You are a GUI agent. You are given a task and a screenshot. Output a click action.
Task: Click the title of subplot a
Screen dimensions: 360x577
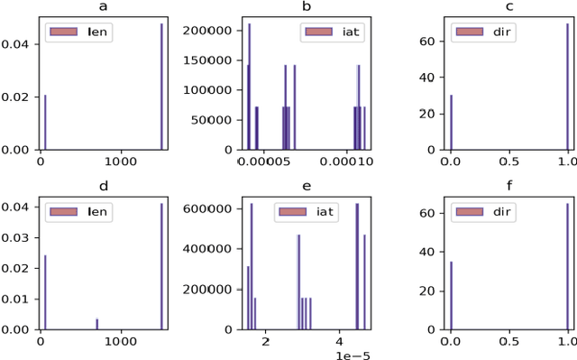tap(104, 8)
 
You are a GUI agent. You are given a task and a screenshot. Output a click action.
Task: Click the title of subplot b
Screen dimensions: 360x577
tap(307, 8)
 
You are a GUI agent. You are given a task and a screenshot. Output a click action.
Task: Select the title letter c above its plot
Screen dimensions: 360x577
tap(509, 8)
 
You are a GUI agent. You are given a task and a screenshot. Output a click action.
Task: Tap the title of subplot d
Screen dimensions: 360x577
tap(104, 187)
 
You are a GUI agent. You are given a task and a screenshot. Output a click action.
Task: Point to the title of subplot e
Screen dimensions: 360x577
tap(307, 187)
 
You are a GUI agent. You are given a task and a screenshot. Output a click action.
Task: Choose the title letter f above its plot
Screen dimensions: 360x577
tap(509, 187)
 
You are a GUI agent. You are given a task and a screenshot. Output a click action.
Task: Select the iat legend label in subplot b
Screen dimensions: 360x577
tap(341, 32)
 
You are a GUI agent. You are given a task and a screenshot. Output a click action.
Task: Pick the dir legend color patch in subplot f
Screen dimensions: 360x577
tap(472, 211)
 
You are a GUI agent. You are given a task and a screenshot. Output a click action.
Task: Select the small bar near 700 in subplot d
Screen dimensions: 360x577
tap(97, 324)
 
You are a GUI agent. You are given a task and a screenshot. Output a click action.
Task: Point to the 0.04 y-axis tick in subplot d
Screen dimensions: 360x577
tap(18, 207)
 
